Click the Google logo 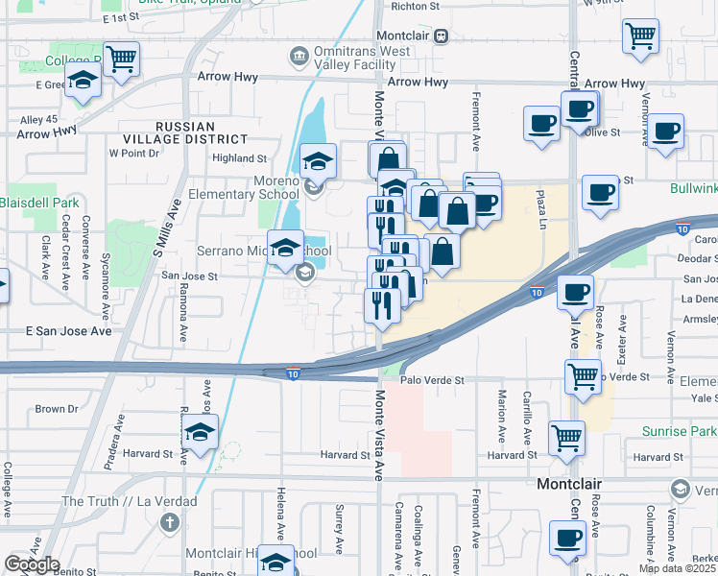pyautogui.click(x=32, y=564)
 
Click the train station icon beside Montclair pyautogui.click(x=441, y=36)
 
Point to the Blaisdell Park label pyautogui.click(x=38, y=203)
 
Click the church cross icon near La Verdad pyautogui.click(x=170, y=523)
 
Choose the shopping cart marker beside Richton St pyautogui.click(x=640, y=37)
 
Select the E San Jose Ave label pyautogui.click(x=68, y=330)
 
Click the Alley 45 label pyautogui.click(x=39, y=120)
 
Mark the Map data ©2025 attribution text pyautogui.click(x=677, y=568)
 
